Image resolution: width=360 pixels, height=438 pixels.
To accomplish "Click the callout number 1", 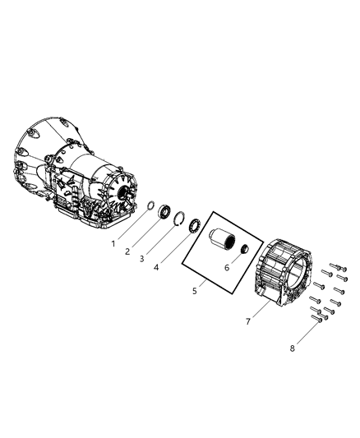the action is pos(113,244).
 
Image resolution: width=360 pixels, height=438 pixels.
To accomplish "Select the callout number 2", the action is pos(127,251).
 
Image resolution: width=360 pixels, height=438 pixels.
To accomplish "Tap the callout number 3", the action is pos(142,259).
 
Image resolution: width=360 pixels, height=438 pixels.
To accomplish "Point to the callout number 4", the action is pos(156,267).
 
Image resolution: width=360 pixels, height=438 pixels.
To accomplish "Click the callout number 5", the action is pos(195,291).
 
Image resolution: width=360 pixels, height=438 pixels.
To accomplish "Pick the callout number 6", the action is pos(227,268).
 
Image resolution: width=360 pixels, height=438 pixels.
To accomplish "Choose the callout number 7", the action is pos(248,321).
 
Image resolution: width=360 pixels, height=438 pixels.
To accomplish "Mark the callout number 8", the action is pos(292,348).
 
